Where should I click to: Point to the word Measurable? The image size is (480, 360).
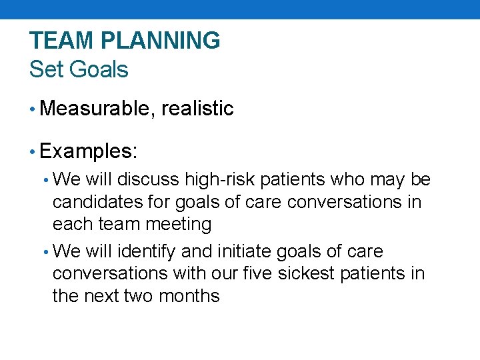click(97, 109)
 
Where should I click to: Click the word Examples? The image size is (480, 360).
click(87, 151)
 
